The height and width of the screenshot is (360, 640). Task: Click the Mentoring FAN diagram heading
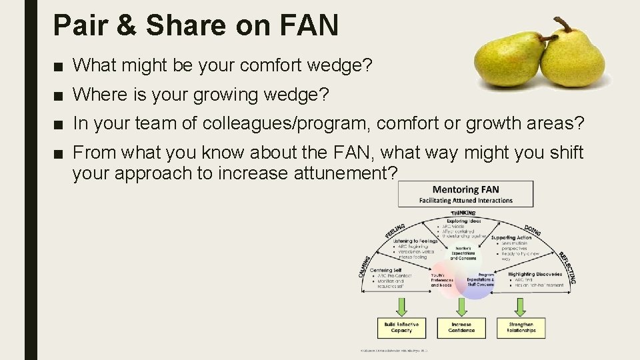pyautogui.click(x=465, y=190)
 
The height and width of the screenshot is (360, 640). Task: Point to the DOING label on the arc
pyautogui.click(x=533, y=230)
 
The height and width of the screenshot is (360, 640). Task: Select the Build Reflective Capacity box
pyautogui.click(x=401, y=327)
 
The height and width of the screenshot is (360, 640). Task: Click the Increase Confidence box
pyautogui.click(x=461, y=327)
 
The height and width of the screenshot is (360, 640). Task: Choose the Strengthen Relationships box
pyautogui.click(x=521, y=327)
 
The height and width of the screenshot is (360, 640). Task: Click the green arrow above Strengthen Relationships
pyautogui.click(x=521, y=307)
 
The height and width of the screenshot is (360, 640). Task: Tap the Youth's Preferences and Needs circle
pyautogui.click(x=442, y=279)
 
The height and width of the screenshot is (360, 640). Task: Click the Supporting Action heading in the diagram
pyautogui.click(x=511, y=237)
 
